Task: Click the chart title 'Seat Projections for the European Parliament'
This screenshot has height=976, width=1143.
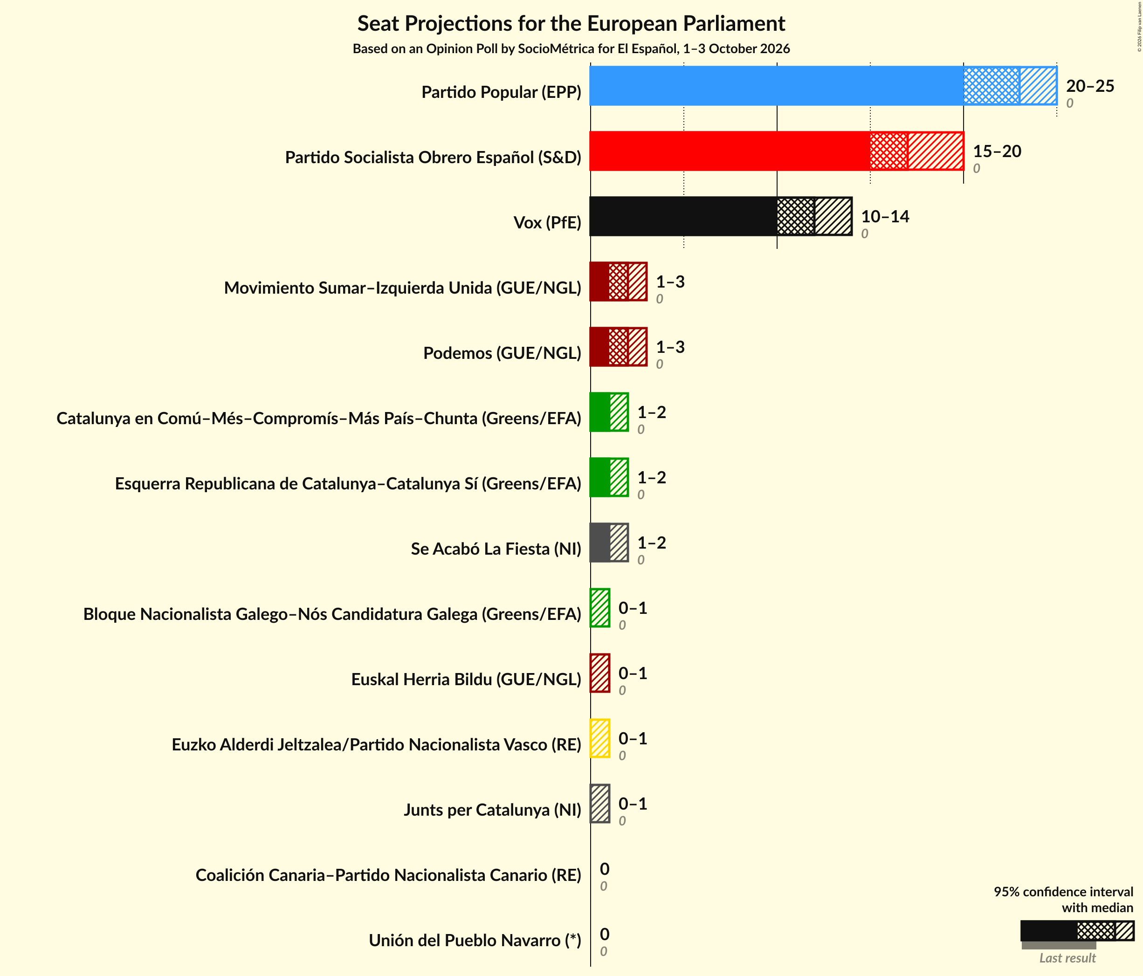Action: [571, 24]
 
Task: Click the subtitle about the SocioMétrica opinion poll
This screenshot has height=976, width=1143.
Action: [571, 48]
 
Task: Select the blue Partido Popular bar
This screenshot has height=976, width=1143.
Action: [823, 85]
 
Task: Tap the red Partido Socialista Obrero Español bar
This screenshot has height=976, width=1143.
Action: [777, 151]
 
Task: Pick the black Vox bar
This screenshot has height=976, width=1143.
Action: [721, 216]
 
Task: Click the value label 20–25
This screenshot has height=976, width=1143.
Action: [1090, 85]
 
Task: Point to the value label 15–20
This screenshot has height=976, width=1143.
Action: [997, 151]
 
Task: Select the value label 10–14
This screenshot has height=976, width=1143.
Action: [885, 216]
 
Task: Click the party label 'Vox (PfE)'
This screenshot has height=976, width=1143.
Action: [547, 222]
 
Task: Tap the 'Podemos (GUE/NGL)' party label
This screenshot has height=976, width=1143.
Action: [503, 352]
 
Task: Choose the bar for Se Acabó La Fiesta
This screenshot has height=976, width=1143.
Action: [609, 543]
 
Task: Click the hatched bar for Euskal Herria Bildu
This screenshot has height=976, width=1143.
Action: [599, 673]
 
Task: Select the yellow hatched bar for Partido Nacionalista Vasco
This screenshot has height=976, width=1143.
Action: [599, 738]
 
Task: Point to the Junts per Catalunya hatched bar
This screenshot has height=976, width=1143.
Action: [599, 803]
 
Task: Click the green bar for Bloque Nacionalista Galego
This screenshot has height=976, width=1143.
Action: [599, 607]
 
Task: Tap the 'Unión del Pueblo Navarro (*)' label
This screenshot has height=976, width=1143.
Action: [475, 940]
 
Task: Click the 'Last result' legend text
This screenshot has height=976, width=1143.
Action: [1067, 958]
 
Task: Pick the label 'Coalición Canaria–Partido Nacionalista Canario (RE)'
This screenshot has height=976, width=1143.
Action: [388, 875]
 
